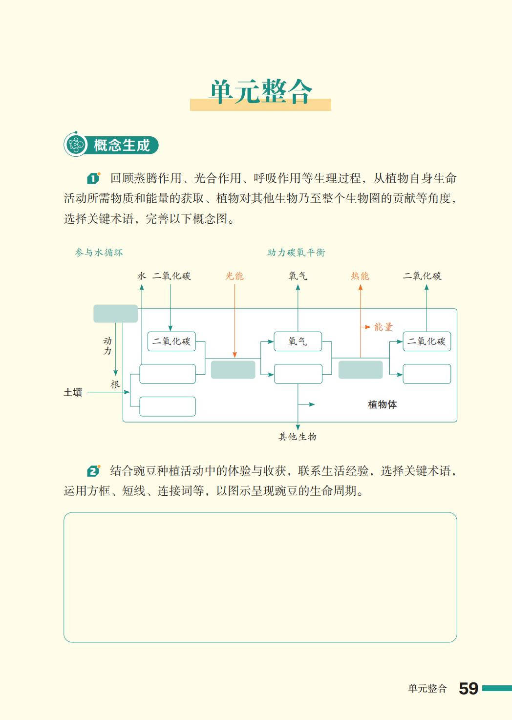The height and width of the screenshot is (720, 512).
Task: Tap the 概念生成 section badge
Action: pyautogui.click(x=111, y=145)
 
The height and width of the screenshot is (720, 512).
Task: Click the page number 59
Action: pyautogui.click(x=468, y=688)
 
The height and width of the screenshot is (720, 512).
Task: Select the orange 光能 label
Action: pyautogui.click(x=235, y=276)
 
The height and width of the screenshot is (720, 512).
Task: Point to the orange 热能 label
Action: pyautogui.click(x=360, y=276)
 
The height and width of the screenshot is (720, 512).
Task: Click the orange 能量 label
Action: pyautogui.click(x=384, y=327)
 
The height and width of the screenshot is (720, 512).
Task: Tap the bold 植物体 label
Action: pyautogui.click(x=382, y=404)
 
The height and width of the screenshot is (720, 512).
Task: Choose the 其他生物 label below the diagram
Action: pyautogui.click(x=298, y=437)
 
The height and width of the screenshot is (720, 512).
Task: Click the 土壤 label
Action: pyautogui.click(x=73, y=392)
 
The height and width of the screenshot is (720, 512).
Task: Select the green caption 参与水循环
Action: pyautogui.click(x=99, y=253)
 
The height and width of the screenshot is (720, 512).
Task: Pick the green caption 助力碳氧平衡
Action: pyautogui.click(x=296, y=253)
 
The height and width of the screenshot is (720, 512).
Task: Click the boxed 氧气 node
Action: pyautogui.click(x=298, y=341)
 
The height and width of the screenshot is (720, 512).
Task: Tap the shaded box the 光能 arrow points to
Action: pyautogui.click(x=233, y=370)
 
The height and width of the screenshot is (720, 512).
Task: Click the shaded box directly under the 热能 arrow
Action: pyautogui.click(x=361, y=370)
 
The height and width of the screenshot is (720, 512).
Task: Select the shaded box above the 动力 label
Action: pyautogui.click(x=115, y=314)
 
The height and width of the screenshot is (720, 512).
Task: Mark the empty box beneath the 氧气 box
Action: pyautogui.click(x=298, y=374)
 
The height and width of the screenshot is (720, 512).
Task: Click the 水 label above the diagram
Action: pyautogui.click(x=142, y=276)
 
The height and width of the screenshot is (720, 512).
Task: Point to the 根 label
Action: pyautogui.click(x=115, y=384)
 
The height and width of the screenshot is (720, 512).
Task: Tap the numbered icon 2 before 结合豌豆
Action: pyautogui.click(x=93, y=471)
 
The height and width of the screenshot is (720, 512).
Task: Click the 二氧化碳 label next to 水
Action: pyautogui.click(x=171, y=276)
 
